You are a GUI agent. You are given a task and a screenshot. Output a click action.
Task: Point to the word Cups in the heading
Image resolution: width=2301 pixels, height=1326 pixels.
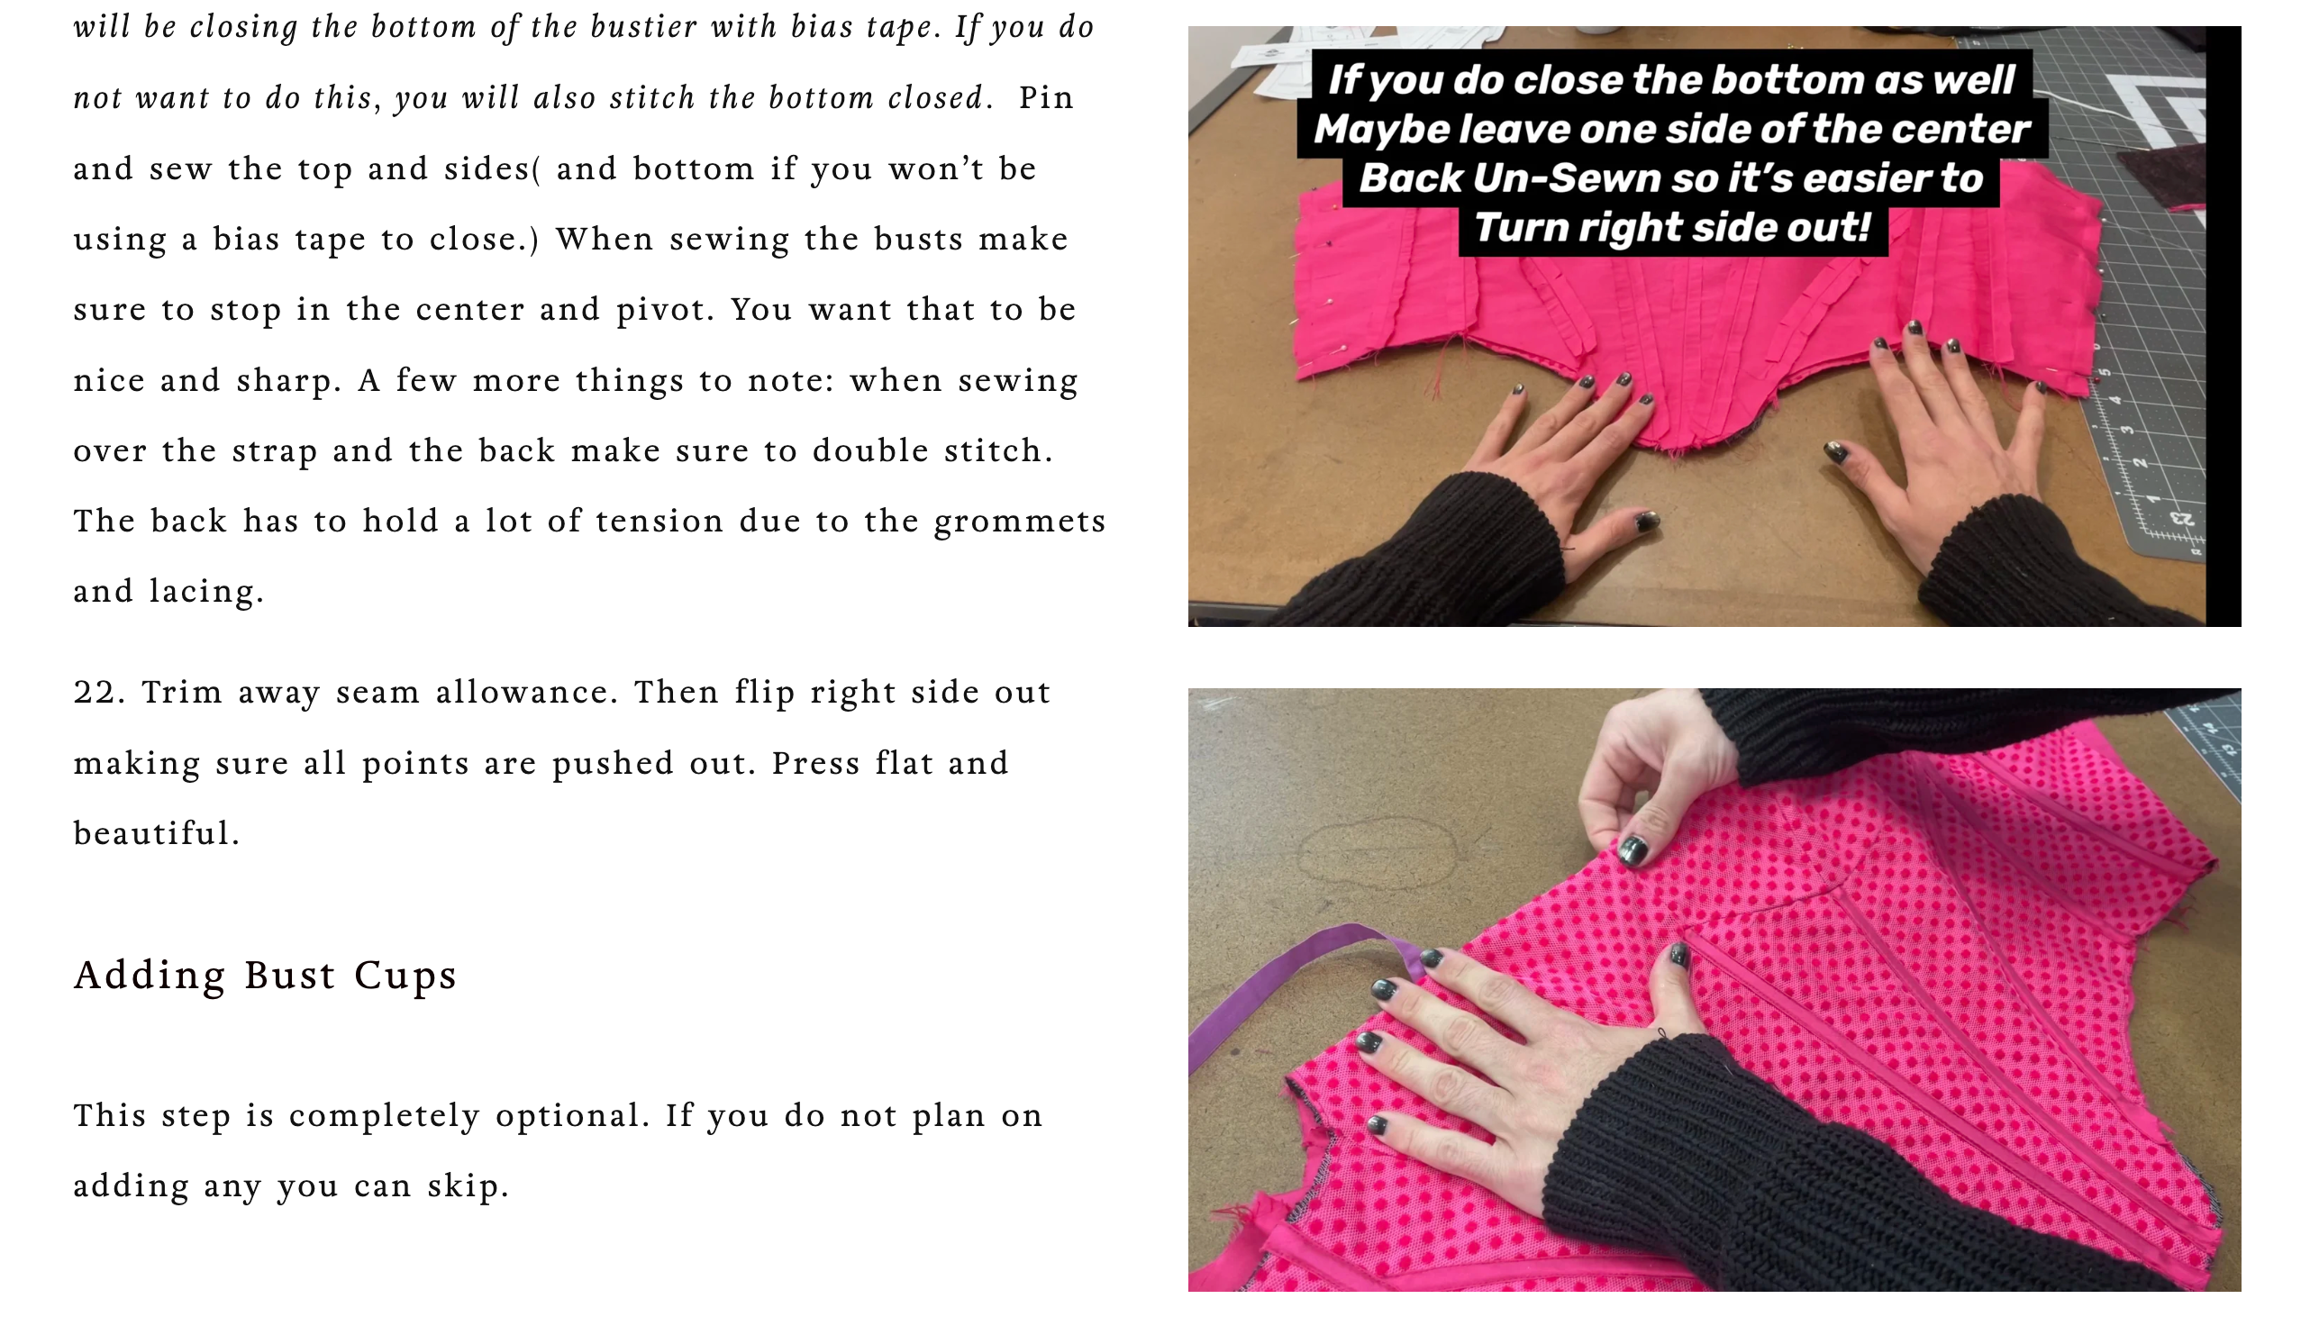[x=405, y=976]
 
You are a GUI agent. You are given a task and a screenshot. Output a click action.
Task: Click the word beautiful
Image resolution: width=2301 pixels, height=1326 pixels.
[x=157, y=832]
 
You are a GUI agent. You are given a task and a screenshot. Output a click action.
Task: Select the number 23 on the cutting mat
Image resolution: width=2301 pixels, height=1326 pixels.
[x=2181, y=519]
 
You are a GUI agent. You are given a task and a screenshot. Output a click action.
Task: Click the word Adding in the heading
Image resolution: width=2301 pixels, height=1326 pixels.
[x=150, y=976]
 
